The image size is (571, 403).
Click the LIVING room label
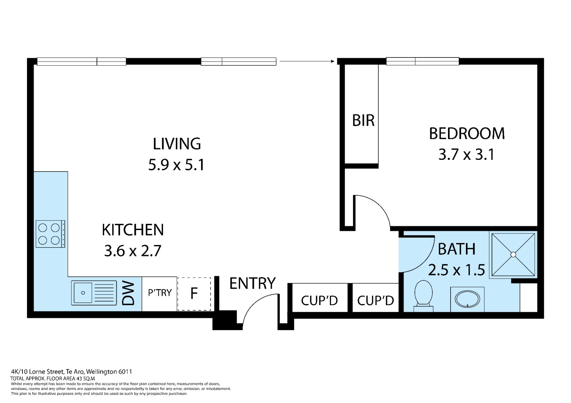(x=176, y=144)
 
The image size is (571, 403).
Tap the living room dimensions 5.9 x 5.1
(x=176, y=165)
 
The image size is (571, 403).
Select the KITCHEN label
(x=132, y=230)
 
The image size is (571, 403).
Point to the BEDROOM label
(x=467, y=133)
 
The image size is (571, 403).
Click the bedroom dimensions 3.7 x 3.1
(x=467, y=154)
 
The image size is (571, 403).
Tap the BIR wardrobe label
(x=363, y=120)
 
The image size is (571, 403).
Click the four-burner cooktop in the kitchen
(x=50, y=234)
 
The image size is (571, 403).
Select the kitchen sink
(x=94, y=293)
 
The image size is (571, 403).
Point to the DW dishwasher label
(x=128, y=293)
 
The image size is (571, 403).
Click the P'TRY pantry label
(x=160, y=293)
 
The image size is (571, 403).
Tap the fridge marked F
(x=194, y=294)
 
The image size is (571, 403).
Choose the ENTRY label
(x=252, y=283)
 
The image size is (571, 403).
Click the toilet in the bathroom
(x=423, y=296)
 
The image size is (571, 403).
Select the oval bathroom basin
(x=467, y=300)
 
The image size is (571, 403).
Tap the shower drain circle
(x=513, y=255)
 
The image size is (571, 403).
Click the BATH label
(x=457, y=249)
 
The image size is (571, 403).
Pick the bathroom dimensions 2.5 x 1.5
(x=456, y=270)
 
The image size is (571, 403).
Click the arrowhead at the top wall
(x=332, y=61)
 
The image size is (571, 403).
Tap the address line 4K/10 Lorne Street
(x=71, y=372)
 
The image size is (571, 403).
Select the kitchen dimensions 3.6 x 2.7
(x=132, y=251)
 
